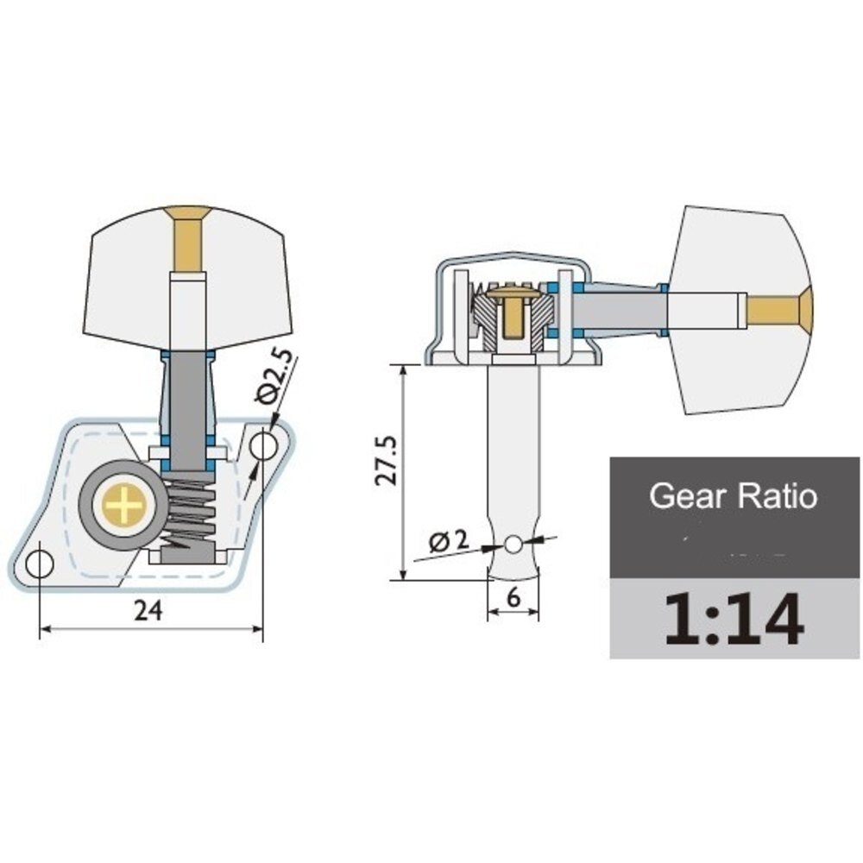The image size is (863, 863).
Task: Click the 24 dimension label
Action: (x=148, y=611)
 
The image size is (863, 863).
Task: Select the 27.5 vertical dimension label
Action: (x=386, y=462)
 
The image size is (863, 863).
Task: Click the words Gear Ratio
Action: (x=733, y=496)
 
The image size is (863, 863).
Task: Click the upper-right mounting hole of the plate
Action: (x=264, y=445)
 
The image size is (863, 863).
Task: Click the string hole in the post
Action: (x=513, y=545)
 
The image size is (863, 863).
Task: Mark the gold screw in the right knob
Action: (x=778, y=309)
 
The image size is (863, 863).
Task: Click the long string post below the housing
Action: (x=513, y=449)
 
